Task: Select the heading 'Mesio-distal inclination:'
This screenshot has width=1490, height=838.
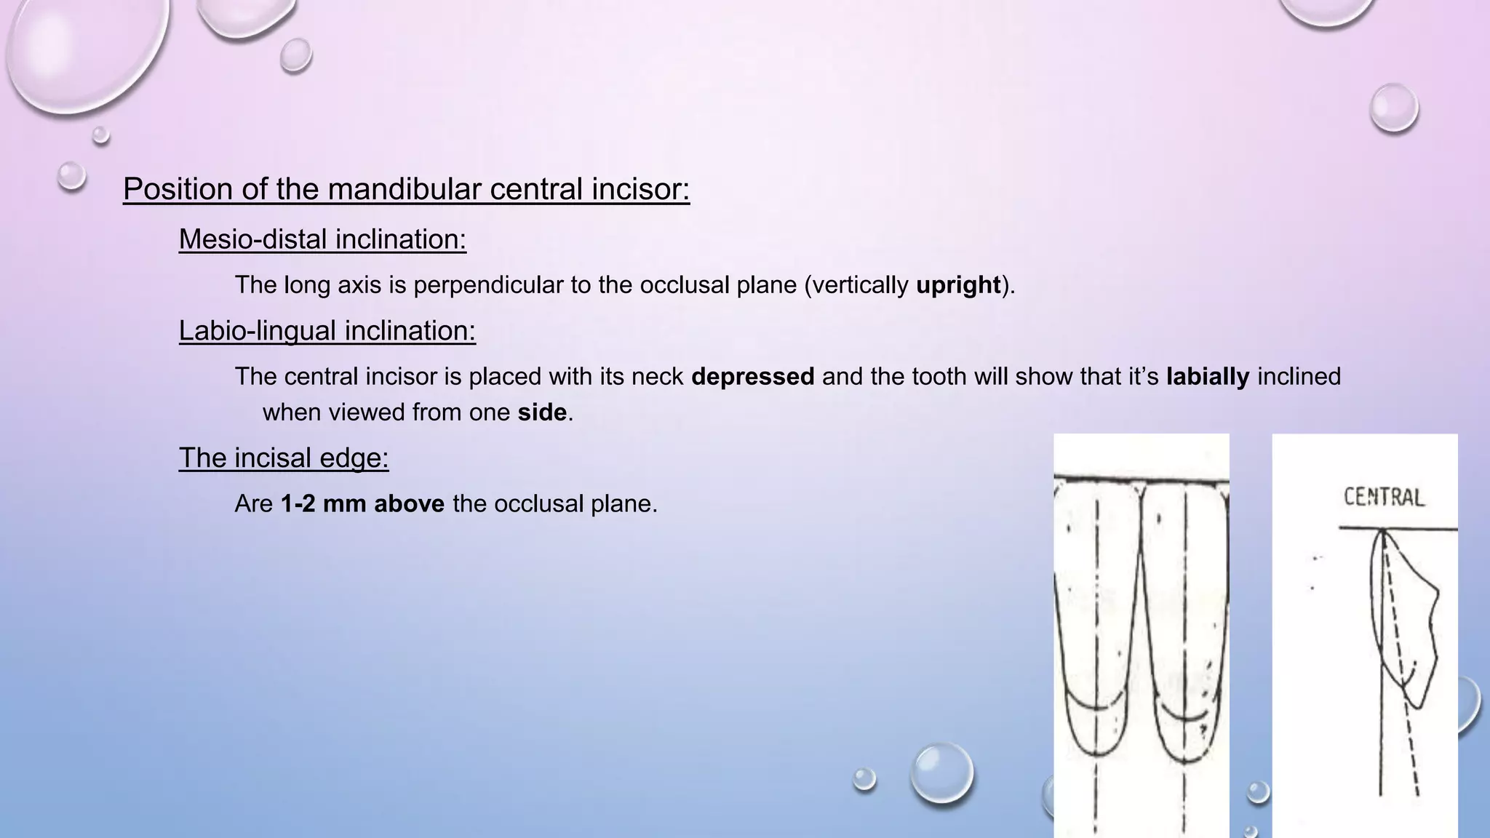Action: pyautogui.click(x=322, y=239)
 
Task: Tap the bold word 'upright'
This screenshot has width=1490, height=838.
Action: pyautogui.click(x=958, y=285)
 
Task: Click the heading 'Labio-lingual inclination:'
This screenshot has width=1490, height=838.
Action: pyautogui.click(x=327, y=331)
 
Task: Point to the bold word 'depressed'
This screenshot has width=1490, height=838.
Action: pyautogui.click(x=752, y=377)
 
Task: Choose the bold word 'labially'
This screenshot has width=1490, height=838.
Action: pyautogui.click(x=1207, y=377)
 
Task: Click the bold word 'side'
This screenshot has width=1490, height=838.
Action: pyautogui.click(x=542, y=412)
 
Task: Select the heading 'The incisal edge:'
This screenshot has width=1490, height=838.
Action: pyautogui.click(x=284, y=458)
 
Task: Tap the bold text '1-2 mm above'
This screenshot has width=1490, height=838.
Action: pyautogui.click(x=362, y=504)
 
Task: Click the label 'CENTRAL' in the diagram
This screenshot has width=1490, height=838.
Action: pyautogui.click(x=1383, y=498)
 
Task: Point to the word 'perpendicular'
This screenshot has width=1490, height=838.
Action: pyautogui.click(x=488, y=285)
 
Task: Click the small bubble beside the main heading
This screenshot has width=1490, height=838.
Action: pyautogui.click(x=71, y=175)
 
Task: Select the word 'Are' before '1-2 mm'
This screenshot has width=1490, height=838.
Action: pyautogui.click(x=253, y=504)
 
